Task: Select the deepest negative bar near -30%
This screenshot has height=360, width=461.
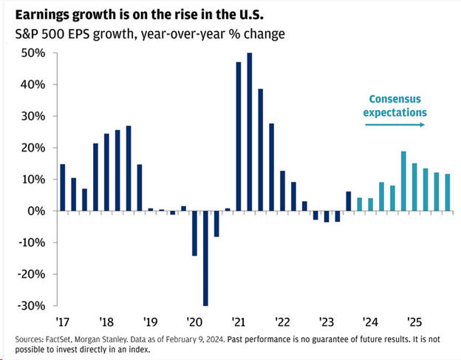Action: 205,258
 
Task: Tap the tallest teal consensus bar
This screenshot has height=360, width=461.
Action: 403,181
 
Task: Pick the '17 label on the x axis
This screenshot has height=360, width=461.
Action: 62,322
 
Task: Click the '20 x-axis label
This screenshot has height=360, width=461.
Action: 194,322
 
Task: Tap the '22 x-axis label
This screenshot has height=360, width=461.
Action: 282,322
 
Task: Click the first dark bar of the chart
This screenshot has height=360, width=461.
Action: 63,187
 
